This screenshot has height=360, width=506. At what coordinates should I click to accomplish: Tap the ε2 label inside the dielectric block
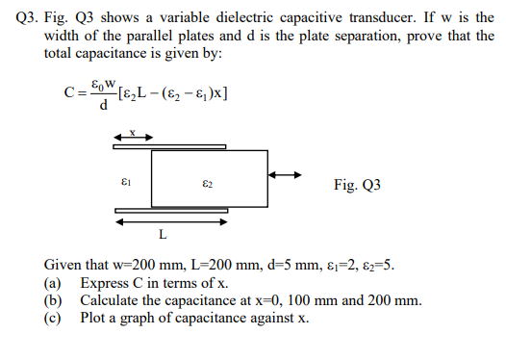pyautogui.click(x=208, y=180)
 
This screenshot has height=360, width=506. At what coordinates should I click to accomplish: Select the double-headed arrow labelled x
pyautogui.click(x=133, y=139)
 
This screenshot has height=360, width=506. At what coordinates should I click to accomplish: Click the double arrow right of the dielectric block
pyautogui.click(x=286, y=175)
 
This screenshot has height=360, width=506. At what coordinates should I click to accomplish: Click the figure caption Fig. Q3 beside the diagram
pyautogui.click(x=357, y=183)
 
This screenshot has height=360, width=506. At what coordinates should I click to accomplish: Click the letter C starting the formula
pyautogui.click(x=69, y=94)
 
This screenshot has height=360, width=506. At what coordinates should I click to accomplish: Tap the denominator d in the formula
pyautogui.click(x=103, y=105)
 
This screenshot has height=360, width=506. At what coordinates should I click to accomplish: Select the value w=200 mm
pyautogui.click(x=141, y=265)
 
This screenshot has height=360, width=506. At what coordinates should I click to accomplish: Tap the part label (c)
pyautogui.click(x=54, y=317)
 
